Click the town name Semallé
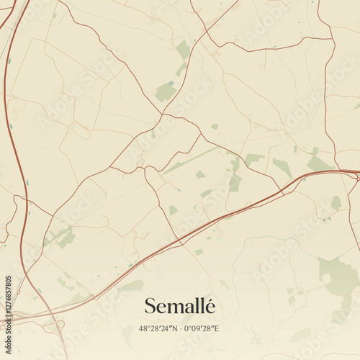pyautogui.click(x=179, y=306)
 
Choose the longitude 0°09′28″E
pyautogui.click(x=201, y=328)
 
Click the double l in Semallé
pyautogui.click(x=197, y=306)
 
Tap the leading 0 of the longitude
pyautogui.click(x=186, y=328)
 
